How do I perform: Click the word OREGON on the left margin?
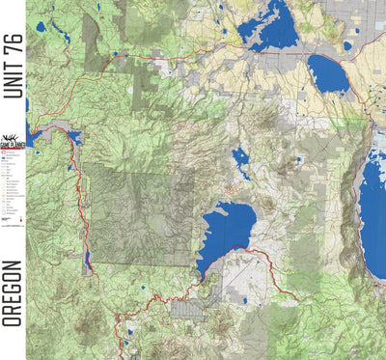[12, 293]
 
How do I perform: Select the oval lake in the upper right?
[328, 75]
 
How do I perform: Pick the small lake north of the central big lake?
[241, 158]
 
